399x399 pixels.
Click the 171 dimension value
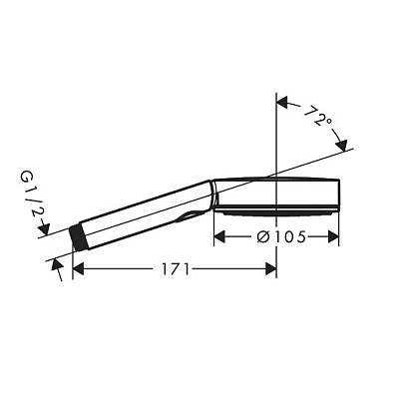[176, 269]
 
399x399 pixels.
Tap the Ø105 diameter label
[281, 237]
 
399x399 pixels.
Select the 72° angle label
[318, 116]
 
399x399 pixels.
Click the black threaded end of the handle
[78, 236]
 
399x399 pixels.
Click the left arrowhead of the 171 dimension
[78, 269]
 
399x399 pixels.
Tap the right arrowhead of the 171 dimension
[270, 269]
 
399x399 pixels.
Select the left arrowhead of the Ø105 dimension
[219, 237]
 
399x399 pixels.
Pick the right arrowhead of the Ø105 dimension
[333, 237]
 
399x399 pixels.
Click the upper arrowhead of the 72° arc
[283, 102]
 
